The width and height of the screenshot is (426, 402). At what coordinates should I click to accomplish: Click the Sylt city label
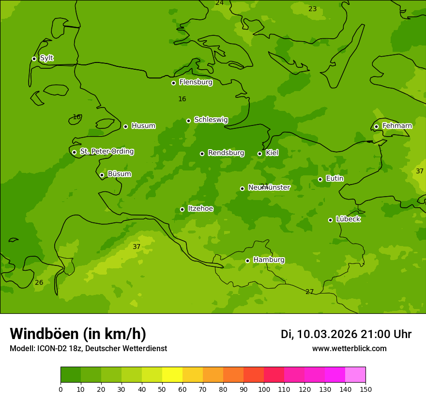coord(46,58)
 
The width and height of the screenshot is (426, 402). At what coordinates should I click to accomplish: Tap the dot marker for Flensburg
coord(173,83)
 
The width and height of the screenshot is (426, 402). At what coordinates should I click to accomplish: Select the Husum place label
coord(143,126)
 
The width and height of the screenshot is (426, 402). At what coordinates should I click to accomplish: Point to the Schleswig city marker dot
coord(188,121)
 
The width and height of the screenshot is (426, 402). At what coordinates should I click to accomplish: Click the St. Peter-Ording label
coord(106,152)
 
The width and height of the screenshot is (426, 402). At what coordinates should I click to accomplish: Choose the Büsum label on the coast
coord(119,174)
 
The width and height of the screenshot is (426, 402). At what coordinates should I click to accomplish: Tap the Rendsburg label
coord(226,153)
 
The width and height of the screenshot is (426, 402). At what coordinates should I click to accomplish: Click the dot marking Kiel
coord(259,154)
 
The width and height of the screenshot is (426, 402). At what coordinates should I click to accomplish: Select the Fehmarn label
coord(397,126)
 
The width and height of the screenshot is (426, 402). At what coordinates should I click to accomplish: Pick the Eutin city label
coord(335,179)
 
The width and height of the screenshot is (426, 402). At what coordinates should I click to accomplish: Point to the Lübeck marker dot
coord(330,220)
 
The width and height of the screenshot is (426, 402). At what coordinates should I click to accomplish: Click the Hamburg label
coord(269,260)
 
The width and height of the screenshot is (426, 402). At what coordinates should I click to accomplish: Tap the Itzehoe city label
coord(200,209)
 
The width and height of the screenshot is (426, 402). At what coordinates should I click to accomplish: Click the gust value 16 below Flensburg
coord(182,99)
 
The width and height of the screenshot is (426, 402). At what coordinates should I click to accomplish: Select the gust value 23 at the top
coord(313,9)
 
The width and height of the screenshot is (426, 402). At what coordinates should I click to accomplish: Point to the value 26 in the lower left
coord(39,283)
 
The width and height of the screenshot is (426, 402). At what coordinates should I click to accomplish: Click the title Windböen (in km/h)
coord(78,334)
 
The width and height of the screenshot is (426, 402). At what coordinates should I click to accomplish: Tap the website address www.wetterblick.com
coord(349,349)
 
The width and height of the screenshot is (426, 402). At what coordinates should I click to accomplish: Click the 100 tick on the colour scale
coord(264,389)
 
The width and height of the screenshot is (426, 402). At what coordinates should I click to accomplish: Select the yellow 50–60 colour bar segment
coord(172,375)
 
